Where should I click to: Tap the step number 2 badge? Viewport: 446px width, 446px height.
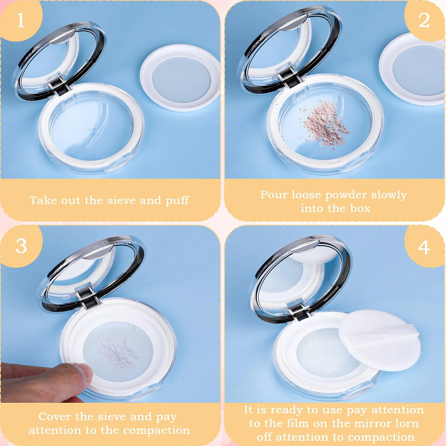coord(424,20)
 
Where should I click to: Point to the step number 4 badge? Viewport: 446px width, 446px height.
coord(424,247)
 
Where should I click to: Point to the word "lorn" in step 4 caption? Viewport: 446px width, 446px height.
coord(407,423)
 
